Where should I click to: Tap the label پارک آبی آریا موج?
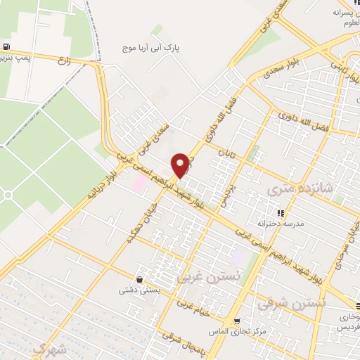coord(153,49)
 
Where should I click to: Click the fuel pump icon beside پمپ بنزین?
coord(6,47)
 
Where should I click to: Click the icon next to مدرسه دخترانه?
coord(281,212)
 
